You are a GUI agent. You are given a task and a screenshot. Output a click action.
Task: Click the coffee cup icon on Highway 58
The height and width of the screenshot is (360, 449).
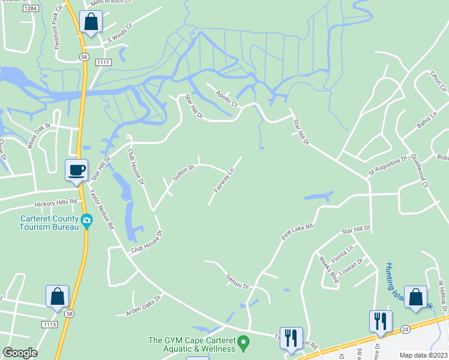76,170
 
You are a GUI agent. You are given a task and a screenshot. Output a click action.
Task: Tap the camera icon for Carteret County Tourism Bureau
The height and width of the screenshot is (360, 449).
87,221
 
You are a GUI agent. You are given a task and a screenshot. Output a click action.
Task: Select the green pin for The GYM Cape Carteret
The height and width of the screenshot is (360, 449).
243,344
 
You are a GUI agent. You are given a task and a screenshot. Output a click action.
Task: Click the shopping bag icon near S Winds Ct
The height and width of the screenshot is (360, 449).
91,22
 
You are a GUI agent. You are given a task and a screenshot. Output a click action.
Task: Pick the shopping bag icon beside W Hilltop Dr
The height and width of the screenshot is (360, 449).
416,297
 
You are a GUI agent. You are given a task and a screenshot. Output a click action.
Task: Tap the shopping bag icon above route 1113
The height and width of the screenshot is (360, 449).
58,296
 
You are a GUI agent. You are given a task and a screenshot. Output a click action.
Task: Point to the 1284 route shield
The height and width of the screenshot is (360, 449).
32,8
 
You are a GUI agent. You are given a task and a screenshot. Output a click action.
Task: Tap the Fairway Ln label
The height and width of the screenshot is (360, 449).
223,181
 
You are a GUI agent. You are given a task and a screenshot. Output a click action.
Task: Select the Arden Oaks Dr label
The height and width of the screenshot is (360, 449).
143,305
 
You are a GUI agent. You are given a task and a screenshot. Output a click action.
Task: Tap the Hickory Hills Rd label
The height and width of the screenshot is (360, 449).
56,202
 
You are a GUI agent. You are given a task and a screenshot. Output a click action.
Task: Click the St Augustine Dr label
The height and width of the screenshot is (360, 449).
387,166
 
